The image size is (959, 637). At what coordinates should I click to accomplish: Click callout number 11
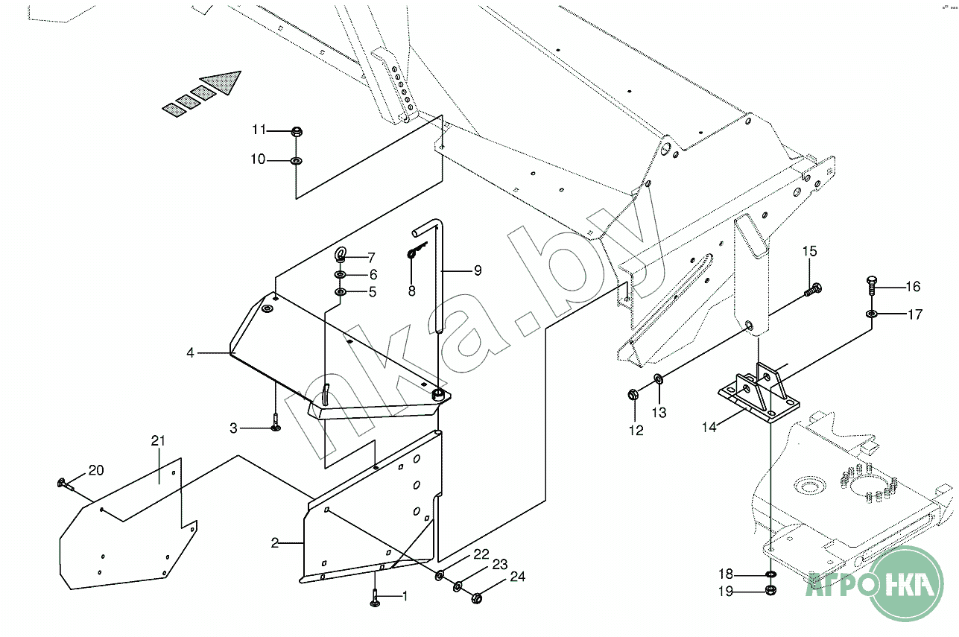click(259, 130)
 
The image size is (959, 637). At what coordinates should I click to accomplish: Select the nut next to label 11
click(297, 133)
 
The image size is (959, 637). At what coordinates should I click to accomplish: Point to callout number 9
click(477, 270)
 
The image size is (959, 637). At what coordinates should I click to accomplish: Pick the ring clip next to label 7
click(341, 256)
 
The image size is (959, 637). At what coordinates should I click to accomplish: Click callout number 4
click(190, 352)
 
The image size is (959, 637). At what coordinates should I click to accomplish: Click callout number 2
click(274, 543)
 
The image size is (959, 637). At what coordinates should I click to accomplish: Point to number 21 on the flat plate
click(158, 441)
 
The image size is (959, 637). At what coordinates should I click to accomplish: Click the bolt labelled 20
click(64, 484)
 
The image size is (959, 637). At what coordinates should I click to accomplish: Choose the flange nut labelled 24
click(477, 597)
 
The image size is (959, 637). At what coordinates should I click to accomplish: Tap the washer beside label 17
click(871, 314)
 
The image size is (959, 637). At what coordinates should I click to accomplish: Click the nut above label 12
click(633, 393)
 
